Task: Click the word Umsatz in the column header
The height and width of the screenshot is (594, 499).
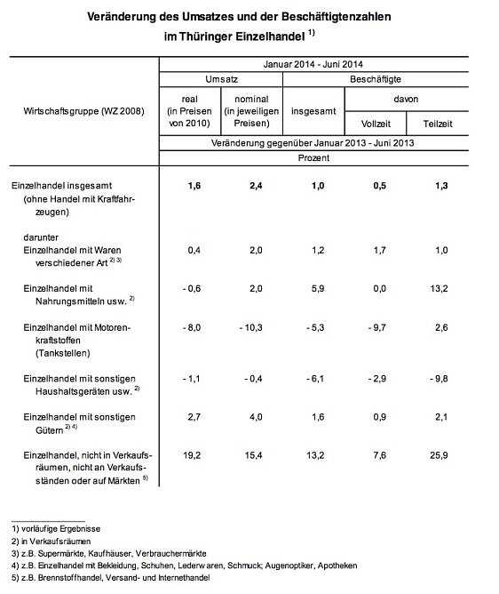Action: [x=220, y=80]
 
